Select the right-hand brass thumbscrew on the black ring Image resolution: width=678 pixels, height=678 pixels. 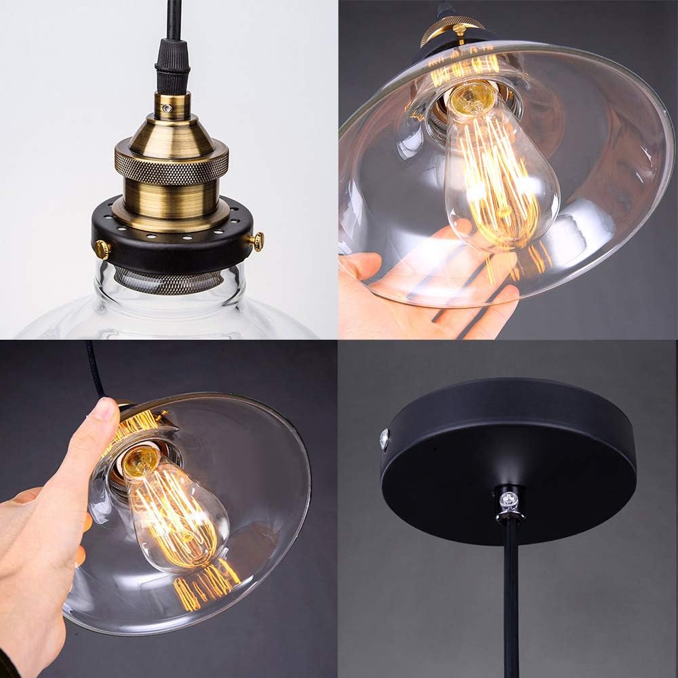tap(257, 240)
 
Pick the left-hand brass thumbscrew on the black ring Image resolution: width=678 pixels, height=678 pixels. tap(102, 250)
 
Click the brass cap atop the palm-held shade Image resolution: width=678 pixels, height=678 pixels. tap(453, 31)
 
